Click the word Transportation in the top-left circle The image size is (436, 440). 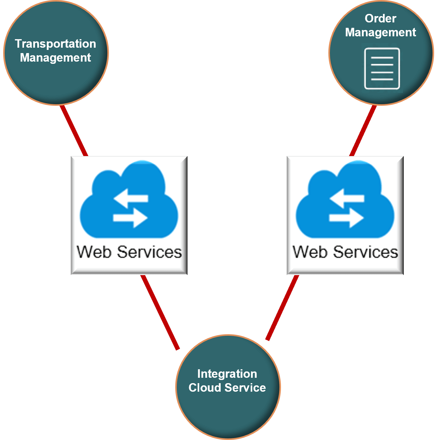(x=55, y=44)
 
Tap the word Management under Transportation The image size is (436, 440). (x=55, y=58)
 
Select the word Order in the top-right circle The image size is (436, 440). (x=380, y=19)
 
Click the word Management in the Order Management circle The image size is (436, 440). (x=380, y=33)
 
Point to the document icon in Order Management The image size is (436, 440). (x=382, y=69)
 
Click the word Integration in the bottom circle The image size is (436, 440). (x=227, y=374)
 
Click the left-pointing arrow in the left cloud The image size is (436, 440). (x=131, y=198)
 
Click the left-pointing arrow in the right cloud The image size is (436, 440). (x=347, y=198)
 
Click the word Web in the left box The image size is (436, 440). (x=94, y=252)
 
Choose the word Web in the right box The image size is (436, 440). (x=310, y=252)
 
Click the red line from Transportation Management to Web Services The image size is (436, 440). (x=74, y=130)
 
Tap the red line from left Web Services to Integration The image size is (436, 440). (x=160, y=312)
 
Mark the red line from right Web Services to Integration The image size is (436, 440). (x=282, y=308)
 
